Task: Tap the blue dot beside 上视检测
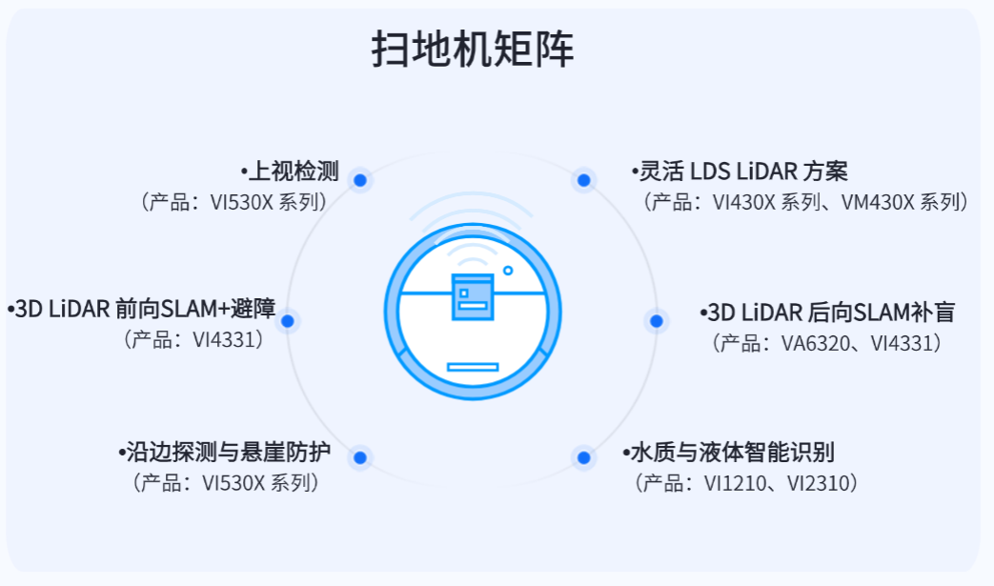click(x=360, y=179)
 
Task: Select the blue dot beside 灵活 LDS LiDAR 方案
click(x=583, y=179)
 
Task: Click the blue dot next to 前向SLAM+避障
click(x=288, y=321)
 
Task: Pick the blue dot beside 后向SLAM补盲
click(x=656, y=321)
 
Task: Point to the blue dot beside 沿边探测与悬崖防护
click(x=360, y=457)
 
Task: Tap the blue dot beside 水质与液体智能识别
click(x=583, y=457)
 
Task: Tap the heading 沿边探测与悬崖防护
click(x=227, y=451)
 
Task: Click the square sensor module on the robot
click(x=473, y=296)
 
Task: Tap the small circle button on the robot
click(x=508, y=271)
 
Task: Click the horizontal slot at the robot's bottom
click(x=473, y=367)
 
